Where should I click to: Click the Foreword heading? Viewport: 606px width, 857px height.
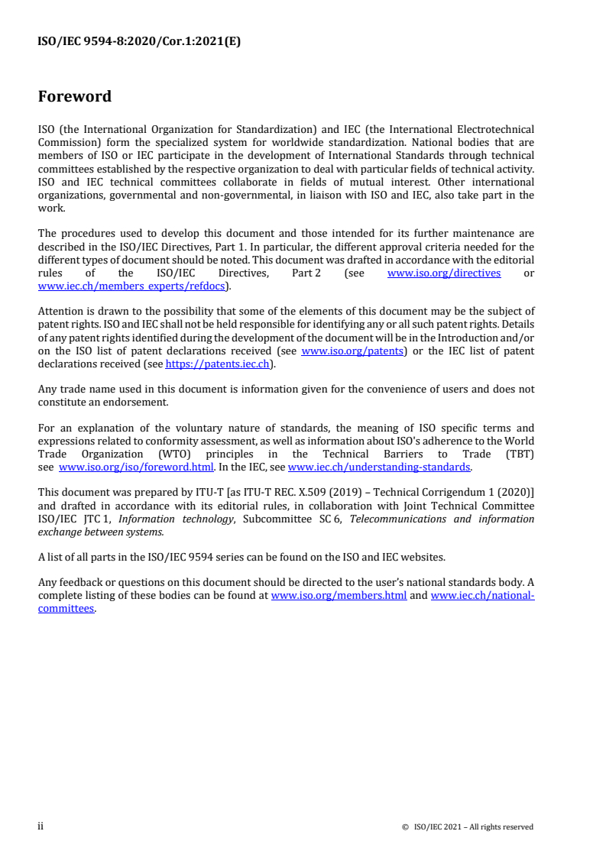point(74,96)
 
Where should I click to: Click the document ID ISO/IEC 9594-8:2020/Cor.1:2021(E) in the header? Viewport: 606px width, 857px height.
point(139,43)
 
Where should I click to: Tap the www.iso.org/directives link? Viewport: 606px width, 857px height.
point(444,273)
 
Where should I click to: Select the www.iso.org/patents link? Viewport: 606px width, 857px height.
point(352,351)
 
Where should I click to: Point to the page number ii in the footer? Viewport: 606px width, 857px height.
point(41,826)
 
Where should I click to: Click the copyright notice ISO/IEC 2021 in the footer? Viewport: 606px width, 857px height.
point(467,826)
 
